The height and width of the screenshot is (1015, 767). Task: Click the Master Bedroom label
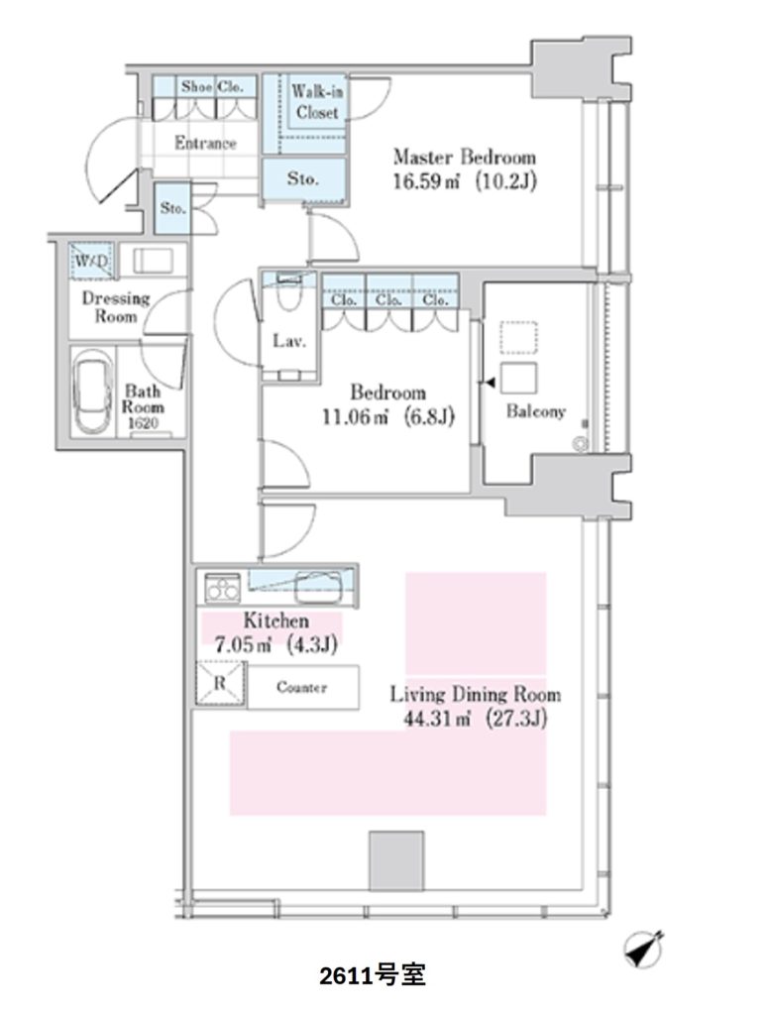point(465,158)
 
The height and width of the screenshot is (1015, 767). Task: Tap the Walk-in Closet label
point(317,102)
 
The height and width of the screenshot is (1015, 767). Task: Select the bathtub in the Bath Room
point(92,393)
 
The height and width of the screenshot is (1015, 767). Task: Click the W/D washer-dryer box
point(92,261)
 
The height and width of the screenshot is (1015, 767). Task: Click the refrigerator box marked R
point(220,683)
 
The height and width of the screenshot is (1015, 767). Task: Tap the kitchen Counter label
point(301,687)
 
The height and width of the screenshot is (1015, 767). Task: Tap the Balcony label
point(536,411)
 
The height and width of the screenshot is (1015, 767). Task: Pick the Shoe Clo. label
point(212,86)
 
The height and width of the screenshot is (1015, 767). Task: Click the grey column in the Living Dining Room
point(396,860)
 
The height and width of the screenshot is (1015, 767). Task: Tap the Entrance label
point(205,143)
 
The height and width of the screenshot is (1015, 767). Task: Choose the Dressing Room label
point(116,307)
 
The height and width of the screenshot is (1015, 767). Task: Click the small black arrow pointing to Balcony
point(490,384)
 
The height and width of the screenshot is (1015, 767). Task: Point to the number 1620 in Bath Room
point(143,423)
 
